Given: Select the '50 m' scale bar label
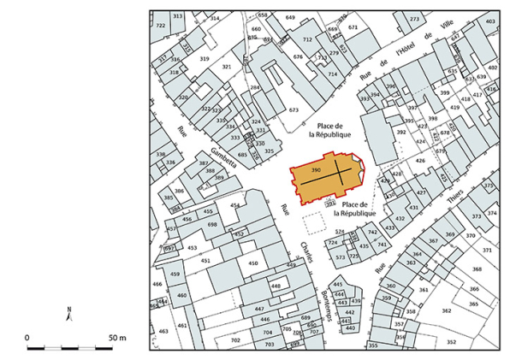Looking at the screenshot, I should pyautogui.click(x=117, y=339).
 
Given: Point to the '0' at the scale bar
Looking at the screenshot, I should pyautogui.click(x=27, y=339).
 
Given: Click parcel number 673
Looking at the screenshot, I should pyautogui.click(x=294, y=110).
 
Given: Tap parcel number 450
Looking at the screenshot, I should pyautogui.click(x=252, y=264).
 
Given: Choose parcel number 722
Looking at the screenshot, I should pyautogui.click(x=161, y=26).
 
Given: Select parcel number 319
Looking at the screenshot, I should pyautogui.click(x=204, y=58).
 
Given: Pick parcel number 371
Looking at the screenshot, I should pyautogui.click(x=486, y=250).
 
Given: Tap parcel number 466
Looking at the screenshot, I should pyautogui.click(x=157, y=283).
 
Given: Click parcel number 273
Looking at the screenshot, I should pyautogui.click(x=414, y=19).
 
